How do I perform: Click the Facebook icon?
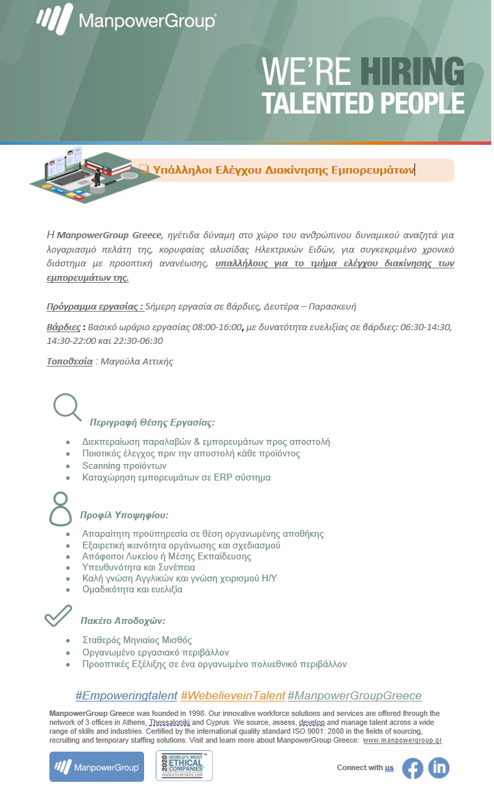(412, 767)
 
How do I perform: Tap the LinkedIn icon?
(438, 767)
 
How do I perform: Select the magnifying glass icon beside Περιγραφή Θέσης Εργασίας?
(67, 406)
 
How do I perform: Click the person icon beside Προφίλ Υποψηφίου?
(60, 509)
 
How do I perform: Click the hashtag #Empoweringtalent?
(126, 695)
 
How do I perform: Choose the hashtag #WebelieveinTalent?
(233, 695)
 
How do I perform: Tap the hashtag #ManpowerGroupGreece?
(354, 695)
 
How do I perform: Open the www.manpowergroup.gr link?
(402, 741)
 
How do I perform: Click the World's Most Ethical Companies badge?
(184, 766)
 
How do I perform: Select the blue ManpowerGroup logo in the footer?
(96, 766)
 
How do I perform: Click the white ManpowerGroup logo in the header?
(126, 20)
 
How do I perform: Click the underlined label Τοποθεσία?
(69, 362)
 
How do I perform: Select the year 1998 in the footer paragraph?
(193, 713)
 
